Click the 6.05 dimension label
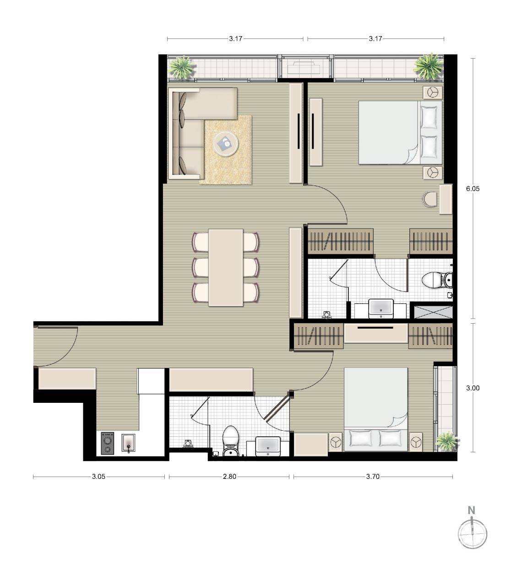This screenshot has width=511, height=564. (473, 189)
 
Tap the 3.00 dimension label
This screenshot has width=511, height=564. (473, 388)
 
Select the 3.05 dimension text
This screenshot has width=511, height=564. (98, 477)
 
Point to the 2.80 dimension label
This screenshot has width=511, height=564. (229, 477)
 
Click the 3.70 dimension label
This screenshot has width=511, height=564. (373, 477)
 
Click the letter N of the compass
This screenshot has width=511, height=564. (471, 510)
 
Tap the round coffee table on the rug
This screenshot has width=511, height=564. (226, 144)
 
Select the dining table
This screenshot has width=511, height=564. (226, 268)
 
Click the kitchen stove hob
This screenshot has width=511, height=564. (108, 443)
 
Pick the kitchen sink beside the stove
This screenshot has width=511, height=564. (128, 443)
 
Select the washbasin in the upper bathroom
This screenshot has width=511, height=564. (381, 309)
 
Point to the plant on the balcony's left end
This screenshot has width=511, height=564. (183, 67)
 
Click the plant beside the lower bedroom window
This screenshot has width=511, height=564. (447, 442)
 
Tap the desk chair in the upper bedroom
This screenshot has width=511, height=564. (429, 199)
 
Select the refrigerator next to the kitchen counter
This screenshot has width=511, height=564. (151, 381)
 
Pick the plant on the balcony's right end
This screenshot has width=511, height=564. (429, 67)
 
